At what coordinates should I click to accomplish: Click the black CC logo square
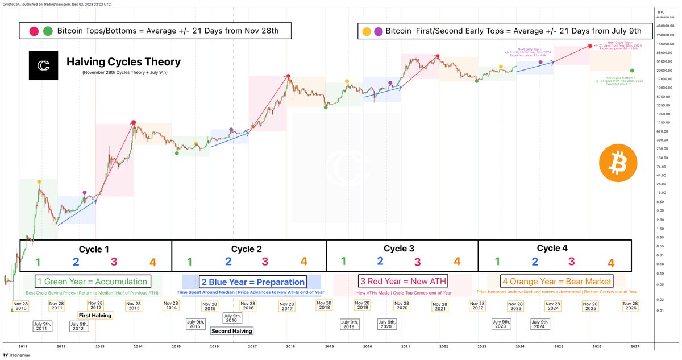tap(44, 66)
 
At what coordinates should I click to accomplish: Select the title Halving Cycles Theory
tap(123, 62)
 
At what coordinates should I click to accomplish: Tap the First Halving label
tap(95, 315)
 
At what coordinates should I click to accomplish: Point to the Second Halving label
tap(231, 330)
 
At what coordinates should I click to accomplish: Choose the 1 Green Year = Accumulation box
tap(93, 281)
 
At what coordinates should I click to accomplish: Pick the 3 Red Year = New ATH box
tap(402, 281)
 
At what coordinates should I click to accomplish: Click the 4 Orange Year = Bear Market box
tap(556, 281)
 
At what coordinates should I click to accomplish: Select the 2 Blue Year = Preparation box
tap(252, 282)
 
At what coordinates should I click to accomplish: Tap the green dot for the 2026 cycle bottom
tap(633, 71)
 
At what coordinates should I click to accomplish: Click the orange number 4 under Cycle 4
tap(611, 263)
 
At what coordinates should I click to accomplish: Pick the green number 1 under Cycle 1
tap(38, 262)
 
